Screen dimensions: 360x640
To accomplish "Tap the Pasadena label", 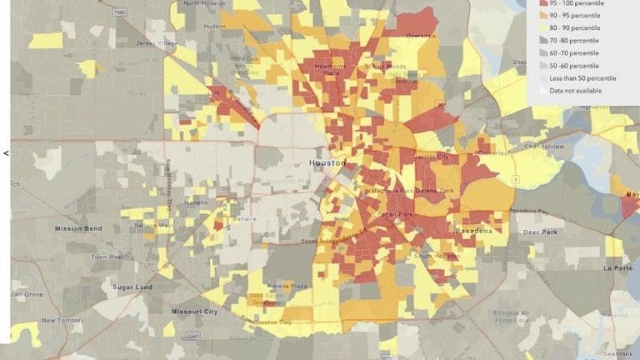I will tap(473, 229).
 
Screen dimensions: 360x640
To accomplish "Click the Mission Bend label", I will tap(77, 228).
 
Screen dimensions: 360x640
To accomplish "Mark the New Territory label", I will tap(61, 320).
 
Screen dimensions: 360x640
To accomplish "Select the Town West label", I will tap(107, 257).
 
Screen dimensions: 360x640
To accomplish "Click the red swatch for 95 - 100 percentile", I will tap(542, 3).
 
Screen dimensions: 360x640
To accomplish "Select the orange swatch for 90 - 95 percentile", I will tap(542, 16).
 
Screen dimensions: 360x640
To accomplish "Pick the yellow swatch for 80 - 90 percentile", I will tap(542, 28).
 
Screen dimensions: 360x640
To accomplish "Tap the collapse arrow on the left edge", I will tap(6, 152).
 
